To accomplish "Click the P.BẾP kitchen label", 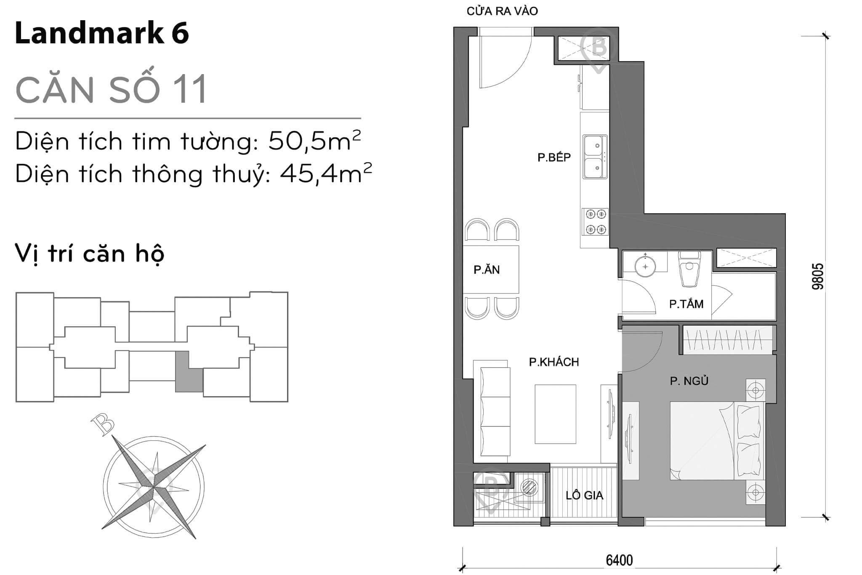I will pyautogui.click(x=554, y=157).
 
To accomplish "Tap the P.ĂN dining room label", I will pyautogui.click(x=487, y=270).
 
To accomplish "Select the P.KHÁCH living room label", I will pyautogui.click(x=554, y=362).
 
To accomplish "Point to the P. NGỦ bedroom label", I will pyautogui.click(x=689, y=381).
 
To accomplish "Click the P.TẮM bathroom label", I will pyautogui.click(x=686, y=304).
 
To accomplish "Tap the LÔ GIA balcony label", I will pyautogui.click(x=584, y=495).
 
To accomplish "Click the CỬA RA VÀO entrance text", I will pyautogui.click(x=502, y=11).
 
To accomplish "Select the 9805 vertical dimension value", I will pyautogui.click(x=817, y=277).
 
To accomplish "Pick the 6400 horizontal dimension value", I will pyautogui.click(x=619, y=560).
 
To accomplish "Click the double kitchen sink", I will pyautogui.click(x=595, y=157).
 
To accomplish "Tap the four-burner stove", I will pyautogui.click(x=595, y=222).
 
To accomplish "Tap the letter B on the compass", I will pyautogui.click(x=103, y=424).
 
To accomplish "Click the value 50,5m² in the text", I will pyautogui.click(x=314, y=141).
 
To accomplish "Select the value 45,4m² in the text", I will pyautogui.click(x=325, y=173).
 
